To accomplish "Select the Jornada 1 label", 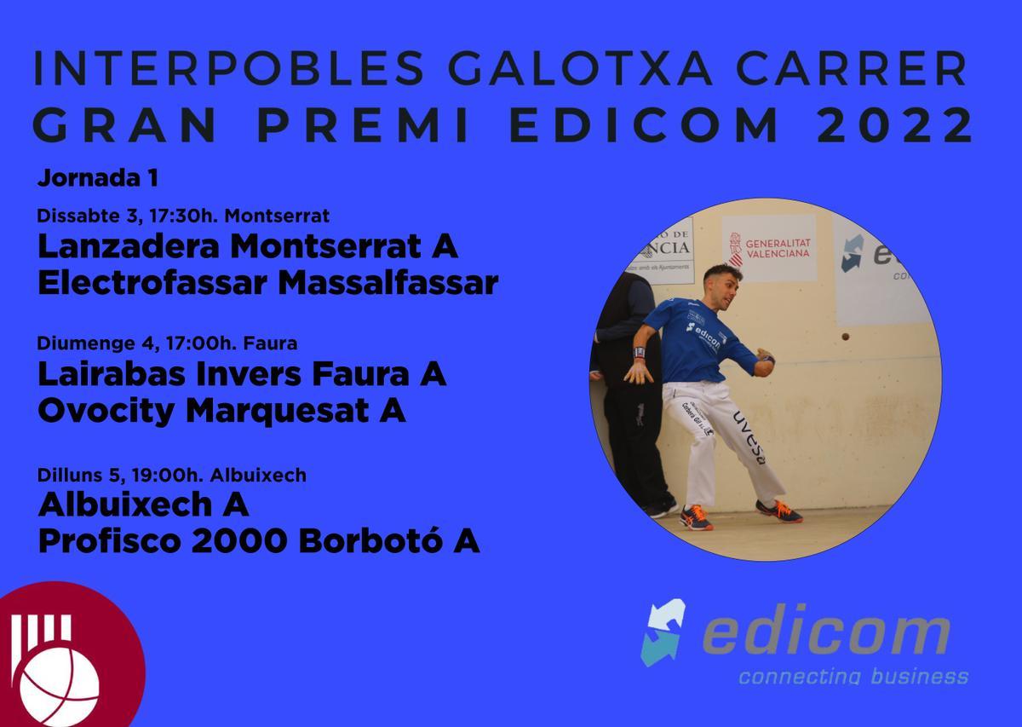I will point(98,179).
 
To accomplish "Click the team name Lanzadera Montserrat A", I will point(248,247).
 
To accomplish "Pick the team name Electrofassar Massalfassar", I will point(267,283).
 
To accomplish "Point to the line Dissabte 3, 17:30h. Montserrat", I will point(183,216).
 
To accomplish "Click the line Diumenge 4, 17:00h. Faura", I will point(167,344).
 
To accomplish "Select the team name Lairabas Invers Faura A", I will point(242,376).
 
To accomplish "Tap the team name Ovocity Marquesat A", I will point(221,412).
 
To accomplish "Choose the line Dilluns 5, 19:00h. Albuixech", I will point(172,475).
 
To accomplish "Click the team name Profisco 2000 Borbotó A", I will point(259,541).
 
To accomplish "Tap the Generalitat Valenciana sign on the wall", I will point(769,247).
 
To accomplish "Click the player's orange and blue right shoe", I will point(778,511).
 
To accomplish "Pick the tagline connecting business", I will point(853,677).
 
